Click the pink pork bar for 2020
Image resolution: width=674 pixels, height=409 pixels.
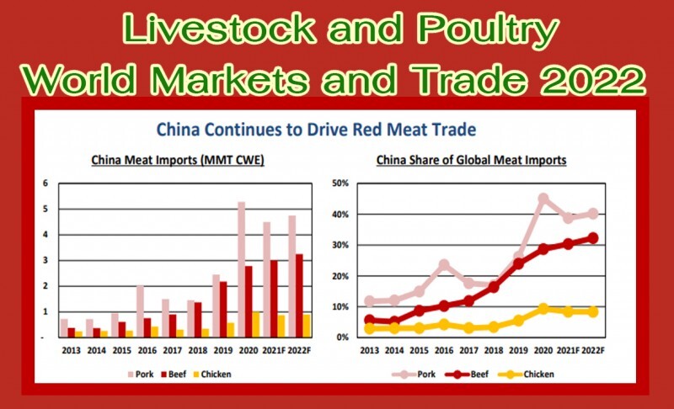coord(242,269)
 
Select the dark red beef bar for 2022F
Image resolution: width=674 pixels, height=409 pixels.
coord(299,295)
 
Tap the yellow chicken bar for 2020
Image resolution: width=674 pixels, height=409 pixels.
coord(256,325)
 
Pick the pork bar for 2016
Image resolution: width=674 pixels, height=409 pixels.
coord(140,311)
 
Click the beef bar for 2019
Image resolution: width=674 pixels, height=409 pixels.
coord(223,310)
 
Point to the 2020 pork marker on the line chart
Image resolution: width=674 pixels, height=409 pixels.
coord(543,199)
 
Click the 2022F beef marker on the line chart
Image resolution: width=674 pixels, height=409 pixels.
coord(593,238)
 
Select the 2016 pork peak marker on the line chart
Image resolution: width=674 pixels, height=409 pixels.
coord(444,264)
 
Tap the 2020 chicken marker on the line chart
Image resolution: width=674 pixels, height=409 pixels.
coord(543,309)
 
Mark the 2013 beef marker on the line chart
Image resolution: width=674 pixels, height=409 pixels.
coord(369,320)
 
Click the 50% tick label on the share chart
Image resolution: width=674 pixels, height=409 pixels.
coord(340,183)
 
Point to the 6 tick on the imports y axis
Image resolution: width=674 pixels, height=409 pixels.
coord(45,183)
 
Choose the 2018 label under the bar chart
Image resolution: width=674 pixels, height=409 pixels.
coord(198,350)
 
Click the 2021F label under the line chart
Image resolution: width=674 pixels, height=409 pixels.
coord(568,350)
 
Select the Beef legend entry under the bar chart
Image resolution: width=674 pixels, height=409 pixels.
coord(174,374)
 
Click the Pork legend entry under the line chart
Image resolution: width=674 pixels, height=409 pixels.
coord(414,374)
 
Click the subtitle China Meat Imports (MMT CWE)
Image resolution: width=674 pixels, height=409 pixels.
coord(178,160)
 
